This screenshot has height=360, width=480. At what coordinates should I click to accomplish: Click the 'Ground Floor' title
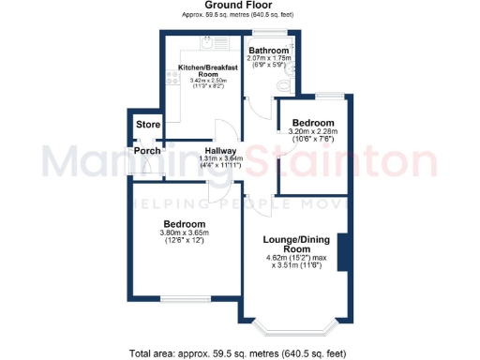point(237,6)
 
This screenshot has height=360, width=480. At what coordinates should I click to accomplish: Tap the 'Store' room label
point(148,124)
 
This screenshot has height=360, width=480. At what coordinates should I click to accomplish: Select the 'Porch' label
point(147,151)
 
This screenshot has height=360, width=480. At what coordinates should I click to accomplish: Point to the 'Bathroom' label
point(269,51)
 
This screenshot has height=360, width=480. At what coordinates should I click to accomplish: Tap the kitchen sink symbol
point(208,42)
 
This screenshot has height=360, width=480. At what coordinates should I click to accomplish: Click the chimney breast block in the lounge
point(345,250)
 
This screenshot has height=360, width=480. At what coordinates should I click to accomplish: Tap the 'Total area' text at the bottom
point(239,352)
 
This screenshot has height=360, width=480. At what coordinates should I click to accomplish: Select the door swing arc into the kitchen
point(220,131)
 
